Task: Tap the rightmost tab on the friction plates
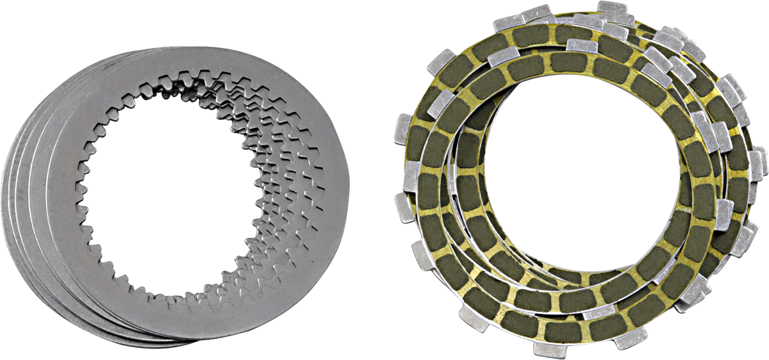pyautogui.click(x=761, y=160)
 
